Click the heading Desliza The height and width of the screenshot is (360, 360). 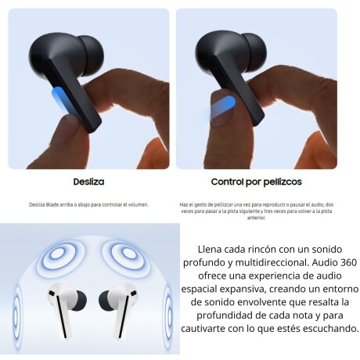(88, 182)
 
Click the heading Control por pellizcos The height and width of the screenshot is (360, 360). (256, 182)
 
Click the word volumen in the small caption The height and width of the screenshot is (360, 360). (136, 204)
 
